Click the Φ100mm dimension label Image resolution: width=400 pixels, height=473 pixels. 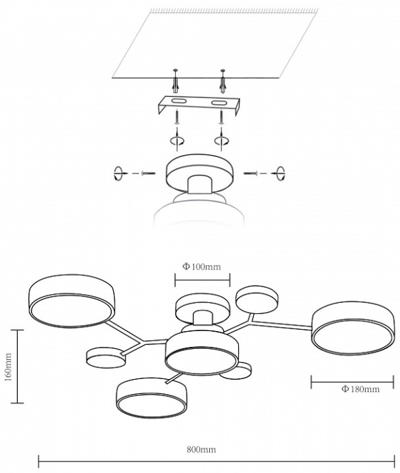(x=201, y=267)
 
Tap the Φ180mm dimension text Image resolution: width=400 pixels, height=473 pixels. (x=360, y=389)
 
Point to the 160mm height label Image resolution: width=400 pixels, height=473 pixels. (x=8, y=367)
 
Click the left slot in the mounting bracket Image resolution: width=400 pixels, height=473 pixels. (x=178, y=101)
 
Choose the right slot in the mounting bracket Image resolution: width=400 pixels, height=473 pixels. (x=218, y=104)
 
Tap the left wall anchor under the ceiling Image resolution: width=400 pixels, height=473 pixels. (x=176, y=82)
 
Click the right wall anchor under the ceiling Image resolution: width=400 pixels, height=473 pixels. (x=223, y=82)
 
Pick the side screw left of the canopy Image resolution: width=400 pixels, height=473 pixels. (x=148, y=173)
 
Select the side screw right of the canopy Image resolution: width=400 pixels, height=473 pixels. (x=251, y=173)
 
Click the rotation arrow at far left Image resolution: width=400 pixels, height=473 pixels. (x=119, y=173)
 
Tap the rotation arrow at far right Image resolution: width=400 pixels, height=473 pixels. (x=281, y=173)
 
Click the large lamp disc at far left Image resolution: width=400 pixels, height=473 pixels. (x=71, y=301)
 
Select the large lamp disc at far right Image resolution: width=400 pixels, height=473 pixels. (x=353, y=328)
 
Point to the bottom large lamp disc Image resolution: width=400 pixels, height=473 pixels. (x=152, y=398)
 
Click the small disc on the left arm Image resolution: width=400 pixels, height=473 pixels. (x=106, y=357)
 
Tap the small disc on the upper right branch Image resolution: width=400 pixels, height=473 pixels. (x=257, y=300)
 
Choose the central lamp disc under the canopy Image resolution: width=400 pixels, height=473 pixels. (x=202, y=354)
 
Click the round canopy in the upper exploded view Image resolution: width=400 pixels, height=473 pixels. (x=200, y=173)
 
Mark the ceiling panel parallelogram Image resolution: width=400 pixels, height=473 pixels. (x=215, y=44)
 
